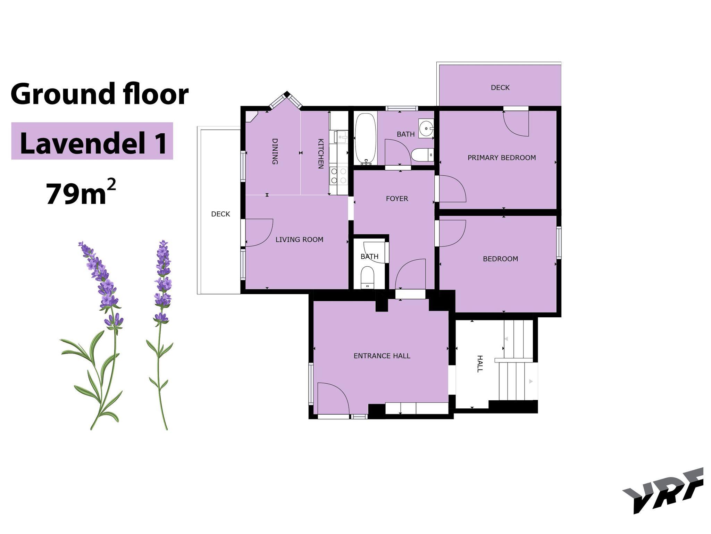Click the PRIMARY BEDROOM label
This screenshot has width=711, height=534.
pos(502,158)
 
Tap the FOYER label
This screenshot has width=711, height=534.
pos(397,199)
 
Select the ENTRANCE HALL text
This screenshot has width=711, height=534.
pos(382,356)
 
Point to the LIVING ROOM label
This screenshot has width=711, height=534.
pos(299,240)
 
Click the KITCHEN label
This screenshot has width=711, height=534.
pos(321,154)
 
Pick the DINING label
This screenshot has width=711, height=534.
pos(275,151)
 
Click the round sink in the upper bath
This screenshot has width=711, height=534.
pos(426,128)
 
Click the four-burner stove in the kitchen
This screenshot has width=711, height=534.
pos(338,176)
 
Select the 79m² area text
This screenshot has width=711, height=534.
pos(81,193)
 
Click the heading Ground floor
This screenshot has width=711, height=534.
pos(100,94)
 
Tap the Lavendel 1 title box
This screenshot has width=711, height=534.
pos(92,141)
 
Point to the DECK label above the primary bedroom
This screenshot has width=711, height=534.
pos(500,88)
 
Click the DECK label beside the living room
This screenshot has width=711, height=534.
pos(220,214)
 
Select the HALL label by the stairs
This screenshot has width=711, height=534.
pos(479,364)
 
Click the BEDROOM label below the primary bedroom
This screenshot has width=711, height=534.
pos(500,259)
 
